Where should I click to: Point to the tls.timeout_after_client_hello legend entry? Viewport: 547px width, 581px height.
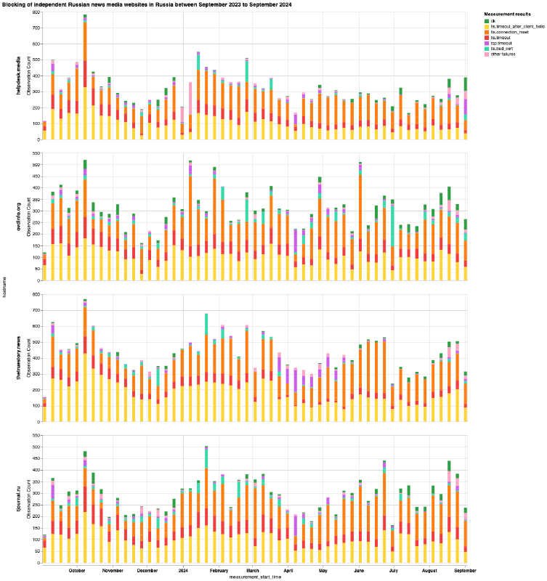point(516,26)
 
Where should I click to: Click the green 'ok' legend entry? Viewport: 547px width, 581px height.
point(494,20)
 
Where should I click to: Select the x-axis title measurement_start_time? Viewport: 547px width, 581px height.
point(255,576)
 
